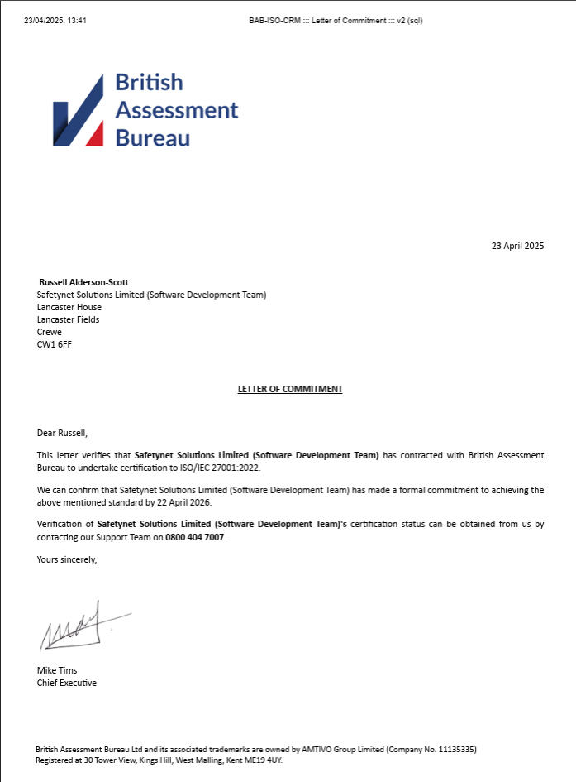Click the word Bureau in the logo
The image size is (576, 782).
click(153, 137)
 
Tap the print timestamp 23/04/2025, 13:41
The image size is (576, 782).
click(55, 21)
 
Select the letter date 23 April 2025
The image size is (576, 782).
click(517, 246)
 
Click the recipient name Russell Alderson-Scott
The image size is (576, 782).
click(83, 282)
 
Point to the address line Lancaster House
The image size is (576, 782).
click(69, 307)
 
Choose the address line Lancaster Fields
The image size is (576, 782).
click(69, 319)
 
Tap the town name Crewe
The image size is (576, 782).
click(50, 332)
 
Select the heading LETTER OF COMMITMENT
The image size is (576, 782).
click(290, 389)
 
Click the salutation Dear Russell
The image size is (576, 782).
click(62, 432)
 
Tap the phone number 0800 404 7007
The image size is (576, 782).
click(195, 537)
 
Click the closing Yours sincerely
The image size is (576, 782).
click(67, 559)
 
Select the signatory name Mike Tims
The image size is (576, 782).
click(57, 670)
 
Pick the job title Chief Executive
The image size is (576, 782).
click(67, 683)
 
